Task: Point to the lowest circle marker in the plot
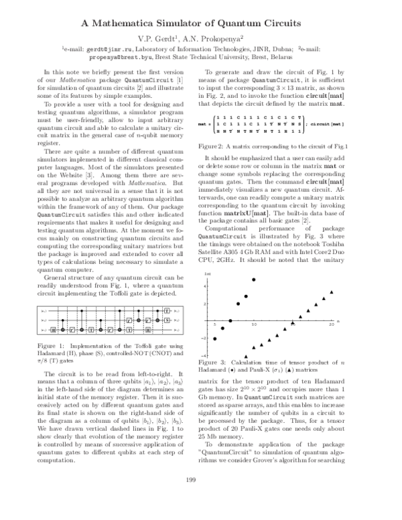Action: (x=215, y=339)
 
